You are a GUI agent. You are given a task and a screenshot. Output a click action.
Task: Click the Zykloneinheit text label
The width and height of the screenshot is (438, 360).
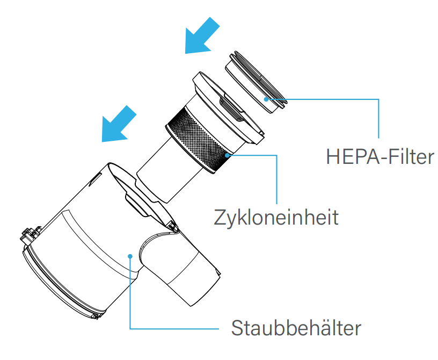[x=276, y=217]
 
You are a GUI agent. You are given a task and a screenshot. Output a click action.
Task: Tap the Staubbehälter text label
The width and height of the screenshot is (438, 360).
[x=296, y=328]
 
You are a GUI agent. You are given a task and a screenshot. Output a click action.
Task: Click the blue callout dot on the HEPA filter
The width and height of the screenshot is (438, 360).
[x=266, y=99]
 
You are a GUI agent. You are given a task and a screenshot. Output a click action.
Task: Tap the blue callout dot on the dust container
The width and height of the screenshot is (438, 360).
[x=130, y=256]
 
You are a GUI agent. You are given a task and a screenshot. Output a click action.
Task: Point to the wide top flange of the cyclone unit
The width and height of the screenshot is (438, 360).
[x=228, y=107]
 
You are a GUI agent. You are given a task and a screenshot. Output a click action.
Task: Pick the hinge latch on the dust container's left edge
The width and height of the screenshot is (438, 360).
[x=30, y=234]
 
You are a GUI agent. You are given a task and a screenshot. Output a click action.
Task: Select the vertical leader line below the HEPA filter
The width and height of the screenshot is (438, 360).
[x=378, y=119]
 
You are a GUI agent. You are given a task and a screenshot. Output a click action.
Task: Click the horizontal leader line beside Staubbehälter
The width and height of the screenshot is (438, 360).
[x=174, y=329]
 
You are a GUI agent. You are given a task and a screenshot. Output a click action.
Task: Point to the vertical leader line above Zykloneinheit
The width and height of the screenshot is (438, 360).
[x=276, y=179]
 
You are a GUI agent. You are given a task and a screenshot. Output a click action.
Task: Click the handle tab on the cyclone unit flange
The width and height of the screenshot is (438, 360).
[x=232, y=107]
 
